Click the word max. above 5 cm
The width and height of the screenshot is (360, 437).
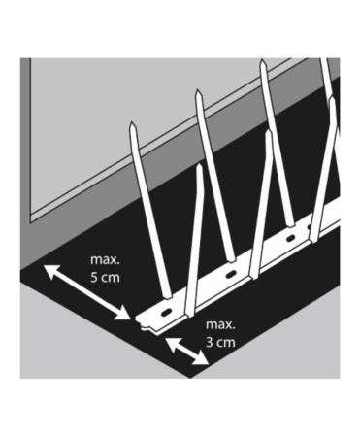(x=106, y=260)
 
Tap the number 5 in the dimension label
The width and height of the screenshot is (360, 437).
(x=94, y=279)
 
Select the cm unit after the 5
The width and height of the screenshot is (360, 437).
(x=112, y=279)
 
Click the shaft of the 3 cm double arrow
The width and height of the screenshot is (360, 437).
(x=186, y=351)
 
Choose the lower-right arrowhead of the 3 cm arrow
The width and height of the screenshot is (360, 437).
(x=203, y=362)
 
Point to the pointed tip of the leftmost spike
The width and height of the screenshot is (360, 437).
(x=132, y=123)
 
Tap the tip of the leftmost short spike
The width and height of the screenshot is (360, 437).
(x=200, y=166)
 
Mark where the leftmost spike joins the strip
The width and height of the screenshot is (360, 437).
(x=165, y=296)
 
